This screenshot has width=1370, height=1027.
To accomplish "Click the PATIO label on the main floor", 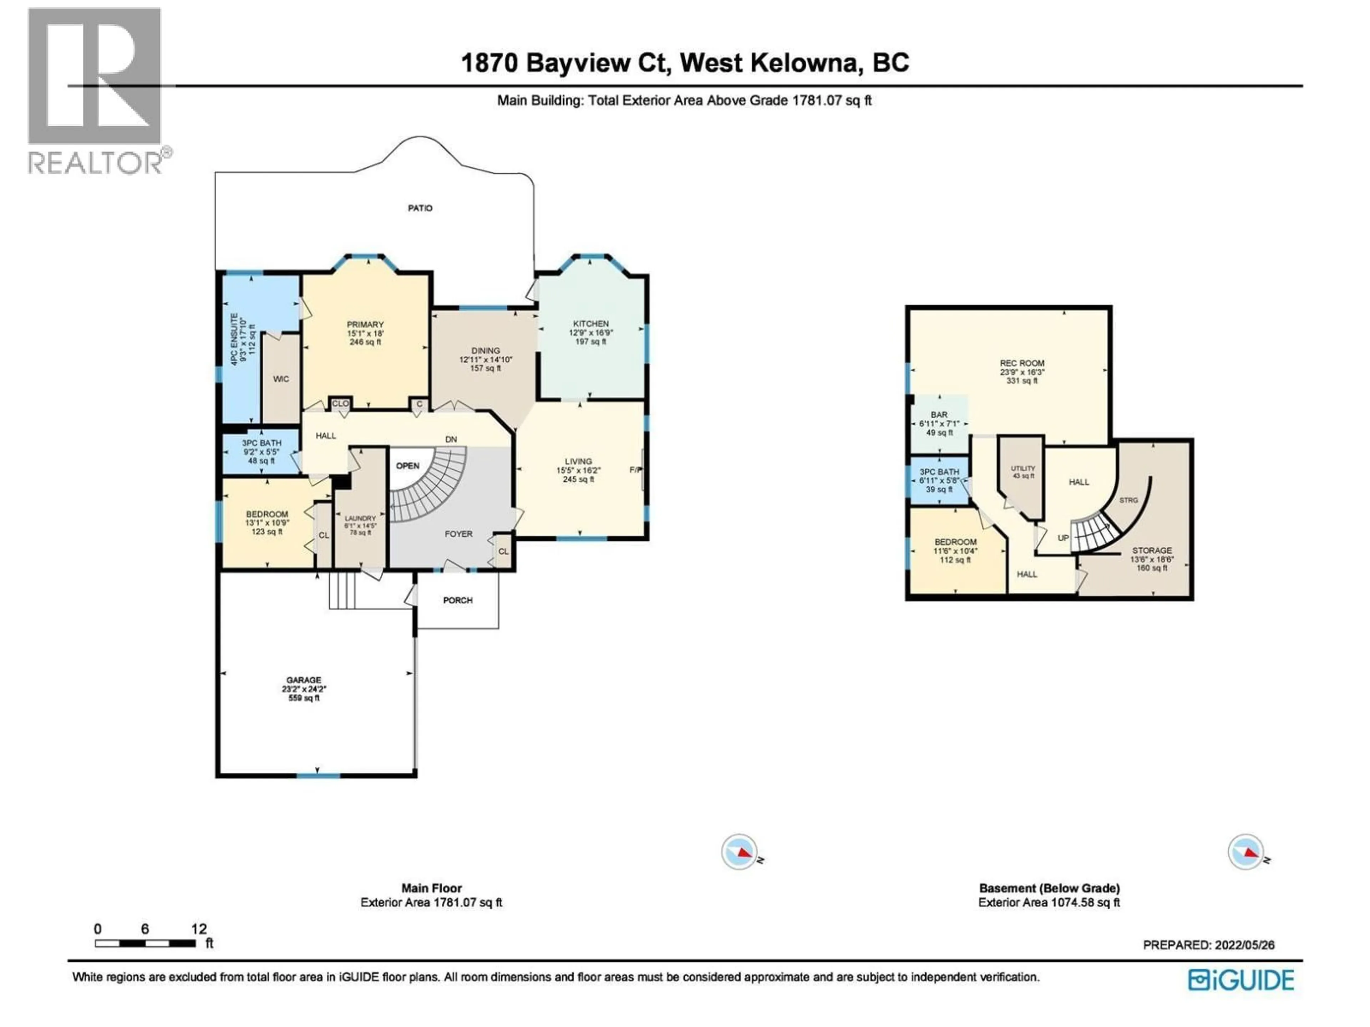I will pyautogui.click(x=420, y=208).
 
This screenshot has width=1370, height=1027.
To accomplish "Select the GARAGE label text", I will pyautogui.click(x=304, y=680).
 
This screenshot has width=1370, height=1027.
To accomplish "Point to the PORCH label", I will pyautogui.click(x=458, y=600).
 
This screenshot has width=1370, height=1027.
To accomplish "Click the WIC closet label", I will pyautogui.click(x=280, y=379).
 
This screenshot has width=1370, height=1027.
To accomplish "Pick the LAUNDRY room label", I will pyautogui.click(x=360, y=518).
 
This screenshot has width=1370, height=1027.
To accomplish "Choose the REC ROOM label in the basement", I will pyautogui.click(x=1022, y=363).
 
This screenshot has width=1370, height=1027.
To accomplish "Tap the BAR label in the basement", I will pyautogui.click(x=939, y=415).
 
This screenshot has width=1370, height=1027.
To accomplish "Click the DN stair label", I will pyautogui.click(x=451, y=440).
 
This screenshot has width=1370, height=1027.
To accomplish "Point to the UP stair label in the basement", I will pyautogui.click(x=1063, y=538).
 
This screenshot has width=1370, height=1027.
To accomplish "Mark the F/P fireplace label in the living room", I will pyautogui.click(x=635, y=470).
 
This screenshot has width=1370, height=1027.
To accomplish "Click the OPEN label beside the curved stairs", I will pyautogui.click(x=407, y=465).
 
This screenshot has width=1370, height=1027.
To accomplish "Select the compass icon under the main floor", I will pyautogui.click(x=740, y=852).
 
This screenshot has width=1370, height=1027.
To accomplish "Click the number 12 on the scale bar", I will pyautogui.click(x=199, y=929).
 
